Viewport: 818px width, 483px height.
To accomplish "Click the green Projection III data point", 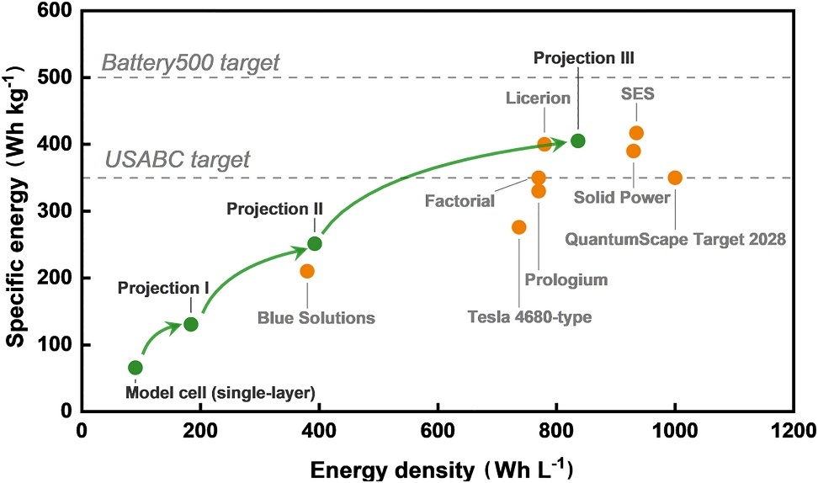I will pos(577,141).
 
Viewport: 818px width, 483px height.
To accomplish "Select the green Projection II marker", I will pos(315,244).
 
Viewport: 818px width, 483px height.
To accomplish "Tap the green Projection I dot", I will pos(191,324).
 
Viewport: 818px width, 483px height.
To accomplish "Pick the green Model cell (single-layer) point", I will pos(135,368).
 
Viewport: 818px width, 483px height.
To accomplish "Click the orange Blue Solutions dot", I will pos(307,271).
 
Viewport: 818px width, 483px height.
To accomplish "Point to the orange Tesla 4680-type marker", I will pos(519,227).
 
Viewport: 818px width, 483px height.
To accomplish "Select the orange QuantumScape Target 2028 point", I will pos(675,178).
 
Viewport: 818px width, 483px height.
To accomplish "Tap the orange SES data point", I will pos(636,133).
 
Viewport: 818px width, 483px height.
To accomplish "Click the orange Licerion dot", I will pos(544,144).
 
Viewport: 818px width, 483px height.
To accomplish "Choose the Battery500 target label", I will pos(190,63).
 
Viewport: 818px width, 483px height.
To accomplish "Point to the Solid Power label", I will pos(622,198).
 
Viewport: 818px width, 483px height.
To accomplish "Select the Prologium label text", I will pos(565,279).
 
